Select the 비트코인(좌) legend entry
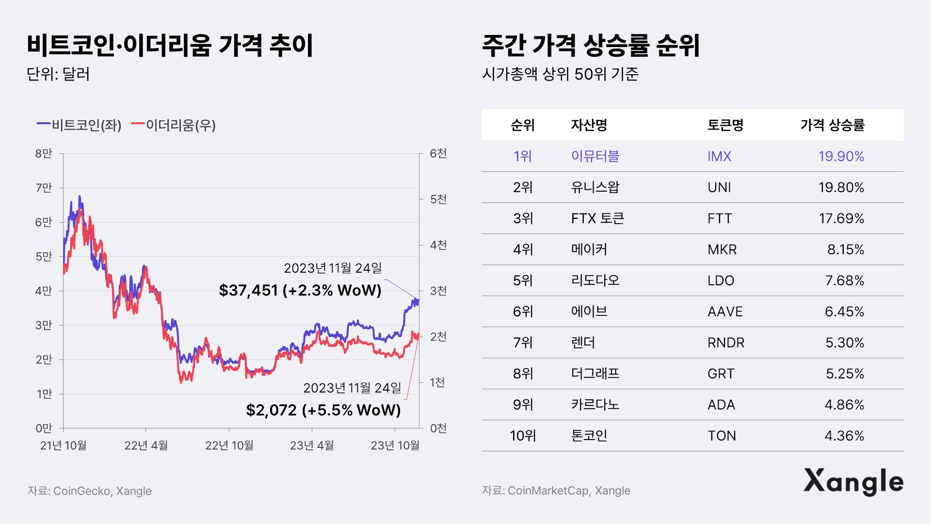80,125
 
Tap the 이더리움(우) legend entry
174,125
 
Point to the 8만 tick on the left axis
43,154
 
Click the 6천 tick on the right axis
438,154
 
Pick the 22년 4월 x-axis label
146,445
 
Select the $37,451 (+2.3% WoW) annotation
300,290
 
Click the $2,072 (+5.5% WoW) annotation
323,410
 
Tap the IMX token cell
719,156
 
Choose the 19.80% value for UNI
841,187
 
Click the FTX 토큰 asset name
597,218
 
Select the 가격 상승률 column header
832,125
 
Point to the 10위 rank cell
523,436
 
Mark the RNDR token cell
725,343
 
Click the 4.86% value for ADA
844,405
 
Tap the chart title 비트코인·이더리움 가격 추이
170,46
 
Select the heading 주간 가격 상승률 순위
591,46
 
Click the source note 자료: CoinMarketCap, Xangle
556,491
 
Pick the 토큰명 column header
725,125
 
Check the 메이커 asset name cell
589,249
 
